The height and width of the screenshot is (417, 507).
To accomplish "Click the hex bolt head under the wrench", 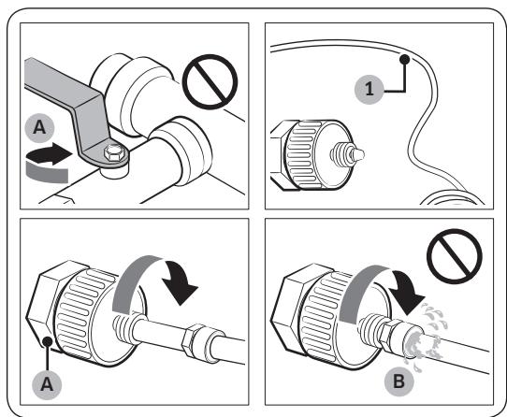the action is (113, 153).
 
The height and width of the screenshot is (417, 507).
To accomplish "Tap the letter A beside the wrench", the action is (39, 128).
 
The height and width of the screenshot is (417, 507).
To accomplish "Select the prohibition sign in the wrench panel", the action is (210, 81).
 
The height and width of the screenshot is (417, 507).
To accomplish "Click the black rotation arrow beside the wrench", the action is (49, 154).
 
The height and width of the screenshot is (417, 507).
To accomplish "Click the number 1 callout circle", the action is (369, 89).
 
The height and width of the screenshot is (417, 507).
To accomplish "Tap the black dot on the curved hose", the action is (404, 59).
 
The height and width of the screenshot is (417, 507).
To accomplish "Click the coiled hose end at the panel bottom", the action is (453, 198).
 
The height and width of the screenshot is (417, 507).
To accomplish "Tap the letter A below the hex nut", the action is (47, 384).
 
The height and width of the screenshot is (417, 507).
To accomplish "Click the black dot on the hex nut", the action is (48, 341).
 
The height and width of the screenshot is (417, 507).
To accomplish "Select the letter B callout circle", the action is (399, 381).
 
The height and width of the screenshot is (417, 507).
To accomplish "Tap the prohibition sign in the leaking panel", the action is (455, 256).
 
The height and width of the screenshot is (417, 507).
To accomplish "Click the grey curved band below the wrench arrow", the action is (47, 173).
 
